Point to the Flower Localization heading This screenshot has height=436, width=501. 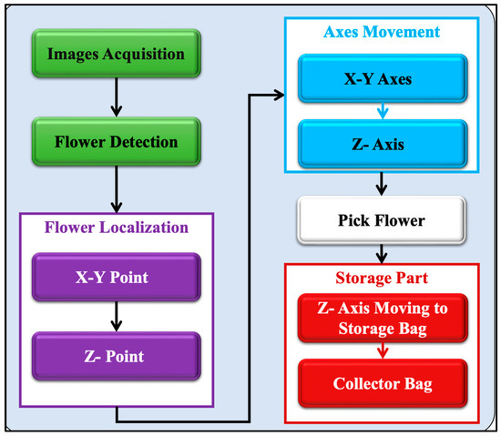[116, 226]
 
